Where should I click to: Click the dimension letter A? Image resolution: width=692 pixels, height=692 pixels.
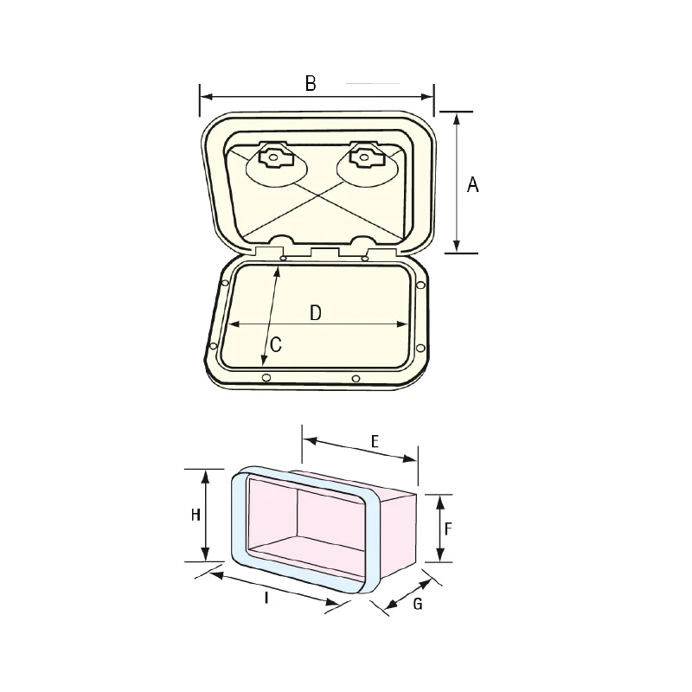pos(472,184)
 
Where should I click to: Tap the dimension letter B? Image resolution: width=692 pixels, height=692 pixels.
pos(311,83)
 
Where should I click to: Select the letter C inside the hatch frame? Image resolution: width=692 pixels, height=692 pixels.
pos(276,344)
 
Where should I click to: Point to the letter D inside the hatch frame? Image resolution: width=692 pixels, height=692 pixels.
pos(316,313)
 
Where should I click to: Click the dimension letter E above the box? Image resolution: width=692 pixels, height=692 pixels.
pos(375,441)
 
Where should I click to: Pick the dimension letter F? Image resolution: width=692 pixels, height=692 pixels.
pos(448,529)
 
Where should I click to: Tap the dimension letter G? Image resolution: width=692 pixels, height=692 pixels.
pos(418,603)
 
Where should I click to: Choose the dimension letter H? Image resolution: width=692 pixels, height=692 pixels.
pos(195,515)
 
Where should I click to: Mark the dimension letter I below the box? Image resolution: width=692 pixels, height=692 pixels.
pos(266,598)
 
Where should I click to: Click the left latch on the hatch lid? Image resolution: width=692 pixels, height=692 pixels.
pos(273,157)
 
